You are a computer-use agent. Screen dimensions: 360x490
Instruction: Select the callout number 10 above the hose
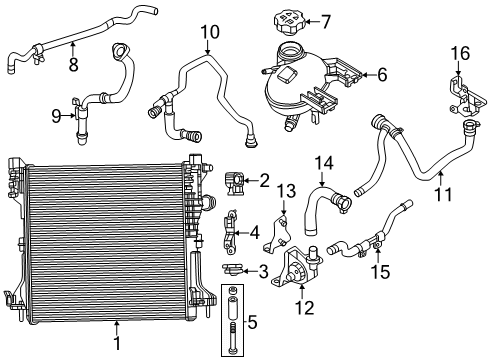point(208,32)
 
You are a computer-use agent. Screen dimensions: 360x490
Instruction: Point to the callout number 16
point(459,52)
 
